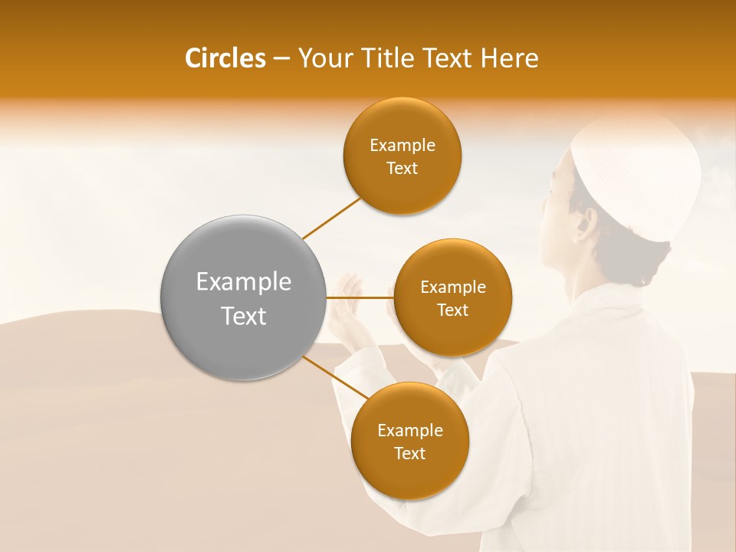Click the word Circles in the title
(x=225, y=58)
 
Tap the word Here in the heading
(x=510, y=58)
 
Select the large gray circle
(x=242, y=297)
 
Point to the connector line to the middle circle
(x=360, y=297)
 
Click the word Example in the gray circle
(x=244, y=282)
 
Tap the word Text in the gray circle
(x=244, y=315)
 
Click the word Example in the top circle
(x=402, y=146)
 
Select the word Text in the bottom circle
(x=409, y=453)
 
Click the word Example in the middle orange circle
(x=453, y=287)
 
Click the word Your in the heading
(x=321, y=58)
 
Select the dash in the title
(x=281, y=58)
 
